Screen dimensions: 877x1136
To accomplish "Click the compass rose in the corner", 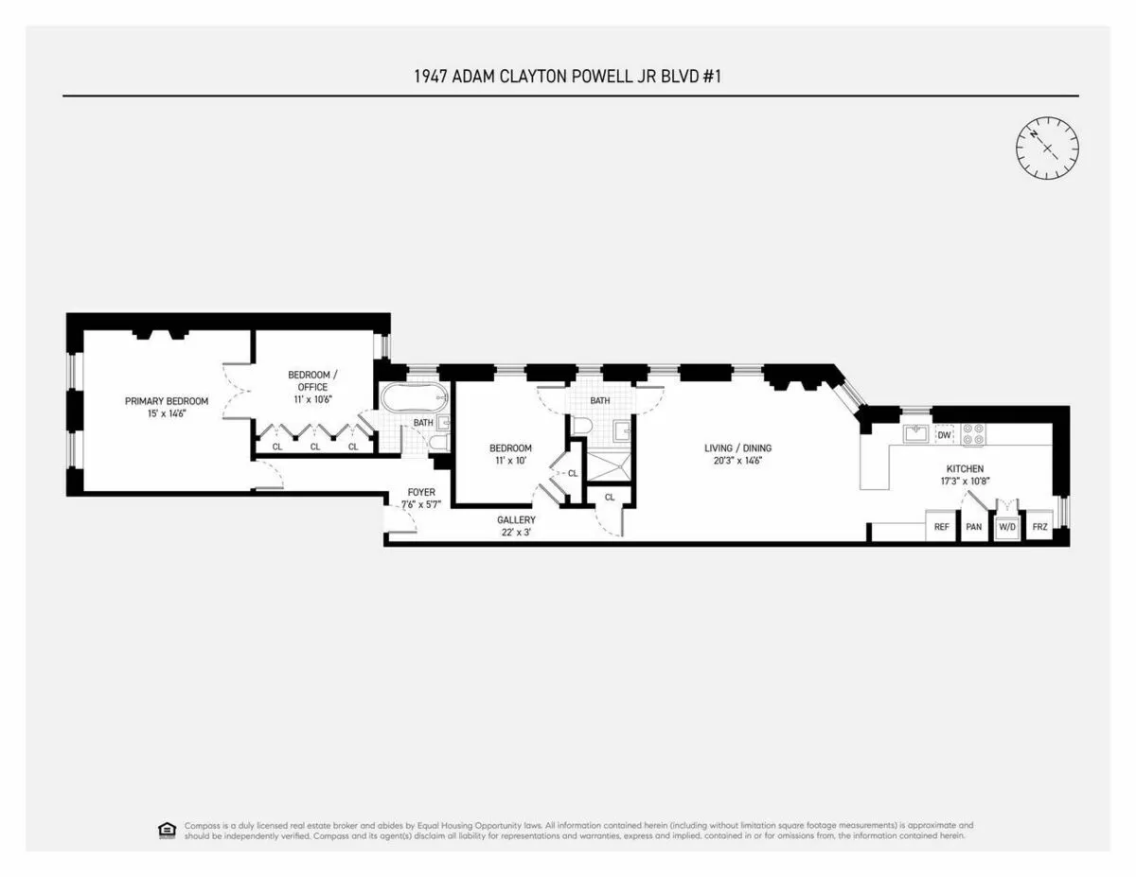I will coord(1047,147).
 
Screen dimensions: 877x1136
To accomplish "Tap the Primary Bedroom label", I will coord(167,407).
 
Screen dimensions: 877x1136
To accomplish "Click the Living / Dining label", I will coord(733,454).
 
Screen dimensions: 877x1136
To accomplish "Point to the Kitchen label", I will coord(965,475).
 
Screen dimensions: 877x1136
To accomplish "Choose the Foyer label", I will coord(421,499).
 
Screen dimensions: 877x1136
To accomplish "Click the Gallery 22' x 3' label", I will coord(516,526).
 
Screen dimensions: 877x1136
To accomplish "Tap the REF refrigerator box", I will coord(941,527).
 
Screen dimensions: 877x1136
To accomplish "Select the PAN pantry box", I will coord(973,527).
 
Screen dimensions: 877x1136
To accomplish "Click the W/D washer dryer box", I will coord(1005,528).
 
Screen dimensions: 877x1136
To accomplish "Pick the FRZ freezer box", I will coord(1038,527).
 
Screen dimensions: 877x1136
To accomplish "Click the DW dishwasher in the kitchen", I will coord(944,435).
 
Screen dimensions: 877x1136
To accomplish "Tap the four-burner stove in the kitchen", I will coord(972,434).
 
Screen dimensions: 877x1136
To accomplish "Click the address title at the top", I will coord(568,77).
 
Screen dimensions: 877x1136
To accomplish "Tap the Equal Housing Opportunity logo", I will coord(167,830).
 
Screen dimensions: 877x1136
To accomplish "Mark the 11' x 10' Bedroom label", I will coord(510,454).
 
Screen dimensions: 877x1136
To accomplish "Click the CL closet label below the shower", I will coord(609,497).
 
